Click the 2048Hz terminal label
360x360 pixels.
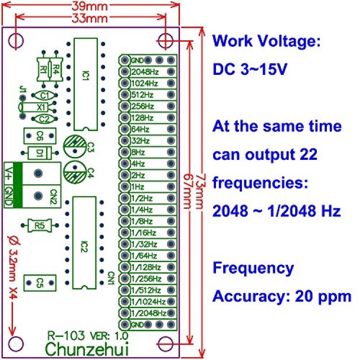point(144,72)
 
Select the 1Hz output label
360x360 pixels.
point(137,186)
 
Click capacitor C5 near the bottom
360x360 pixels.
point(40,282)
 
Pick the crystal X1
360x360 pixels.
point(41,107)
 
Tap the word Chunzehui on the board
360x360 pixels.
point(87,348)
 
